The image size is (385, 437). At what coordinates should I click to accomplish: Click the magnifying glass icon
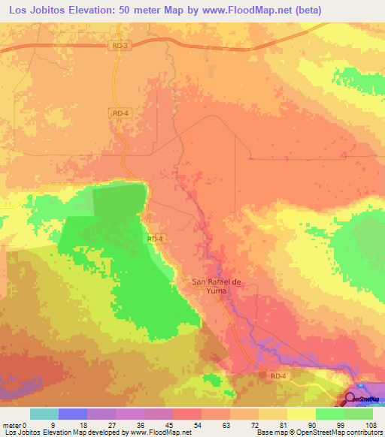tap(350, 399)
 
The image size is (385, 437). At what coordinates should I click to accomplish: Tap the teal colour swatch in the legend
tap(44, 414)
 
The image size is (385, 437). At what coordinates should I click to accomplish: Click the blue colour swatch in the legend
tap(73, 414)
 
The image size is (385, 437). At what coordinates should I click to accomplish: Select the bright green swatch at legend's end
tap(359, 414)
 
